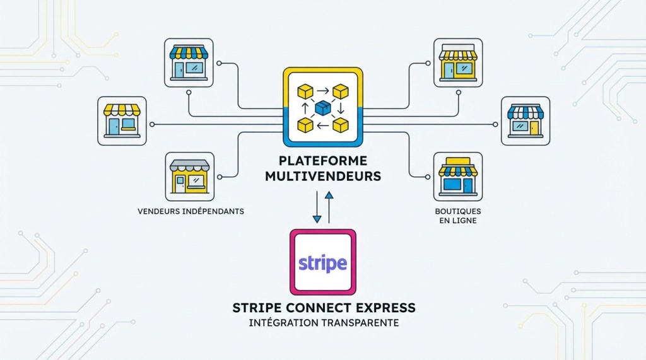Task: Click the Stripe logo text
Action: tap(322, 262)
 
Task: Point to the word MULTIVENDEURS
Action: tap(323, 177)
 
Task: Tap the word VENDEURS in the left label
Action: tap(160, 211)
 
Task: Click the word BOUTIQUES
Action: tap(458, 211)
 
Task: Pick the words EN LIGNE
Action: tap(458, 221)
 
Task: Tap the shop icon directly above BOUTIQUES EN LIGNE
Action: tap(458, 176)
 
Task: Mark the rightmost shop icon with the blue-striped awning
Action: tap(526, 120)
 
